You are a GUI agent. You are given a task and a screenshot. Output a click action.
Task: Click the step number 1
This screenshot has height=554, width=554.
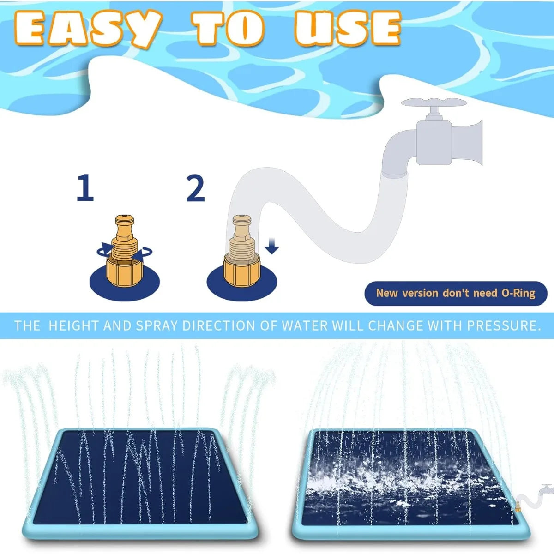click(85, 188)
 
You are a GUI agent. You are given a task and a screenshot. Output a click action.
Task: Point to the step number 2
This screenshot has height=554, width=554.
click(195, 188)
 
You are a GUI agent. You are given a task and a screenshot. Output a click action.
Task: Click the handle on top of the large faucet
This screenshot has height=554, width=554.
click(433, 103)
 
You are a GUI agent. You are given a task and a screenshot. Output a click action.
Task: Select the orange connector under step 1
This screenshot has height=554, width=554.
click(125, 251)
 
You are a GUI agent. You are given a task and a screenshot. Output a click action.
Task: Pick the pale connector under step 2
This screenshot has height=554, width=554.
click(241, 251)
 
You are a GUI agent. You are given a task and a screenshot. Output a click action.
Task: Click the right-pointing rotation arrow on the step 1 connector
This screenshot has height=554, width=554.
click(104, 250)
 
